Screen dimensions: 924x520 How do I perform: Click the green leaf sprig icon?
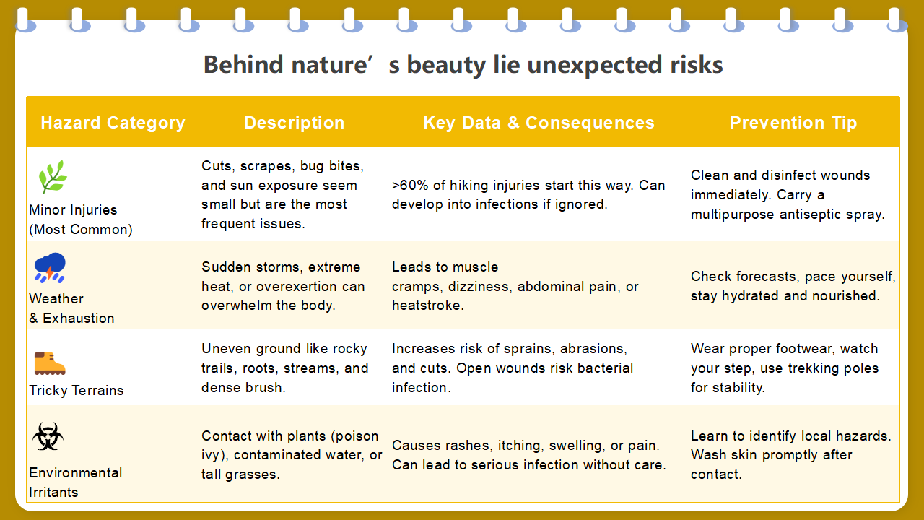click(53, 177)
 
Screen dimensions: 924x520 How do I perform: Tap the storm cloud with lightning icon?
click(50, 267)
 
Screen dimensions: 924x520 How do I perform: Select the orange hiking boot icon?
click(50, 363)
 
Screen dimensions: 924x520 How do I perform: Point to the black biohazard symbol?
click(48, 435)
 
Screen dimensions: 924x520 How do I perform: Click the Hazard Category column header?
click(113, 123)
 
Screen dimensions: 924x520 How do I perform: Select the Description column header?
click(294, 123)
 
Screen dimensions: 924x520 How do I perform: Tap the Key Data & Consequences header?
click(539, 123)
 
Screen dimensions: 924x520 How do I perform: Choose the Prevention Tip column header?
click(793, 123)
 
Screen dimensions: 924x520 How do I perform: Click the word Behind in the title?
click(243, 65)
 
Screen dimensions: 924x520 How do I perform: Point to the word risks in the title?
click(697, 65)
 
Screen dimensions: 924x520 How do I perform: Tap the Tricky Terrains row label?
click(77, 391)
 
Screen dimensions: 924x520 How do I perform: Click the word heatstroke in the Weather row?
click(428, 305)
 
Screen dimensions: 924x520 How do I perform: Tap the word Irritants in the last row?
click(53, 493)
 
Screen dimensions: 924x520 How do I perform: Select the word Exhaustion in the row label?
click(79, 318)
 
